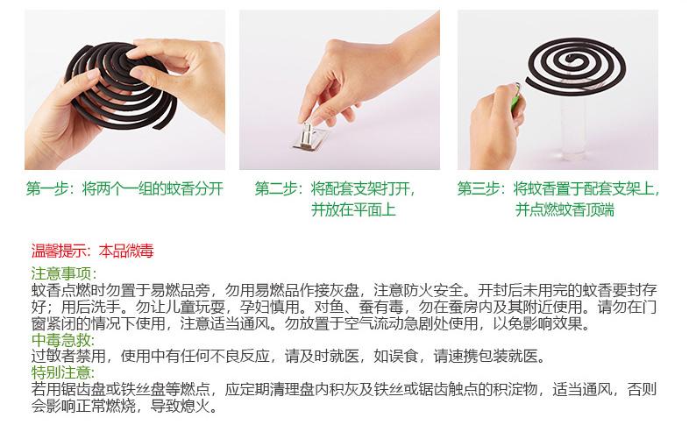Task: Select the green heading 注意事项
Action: pyautogui.click(x=57, y=273)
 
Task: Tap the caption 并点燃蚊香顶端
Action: pyautogui.click(x=578, y=209)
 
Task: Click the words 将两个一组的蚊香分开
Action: pyautogui.click(x=153, y=188)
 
